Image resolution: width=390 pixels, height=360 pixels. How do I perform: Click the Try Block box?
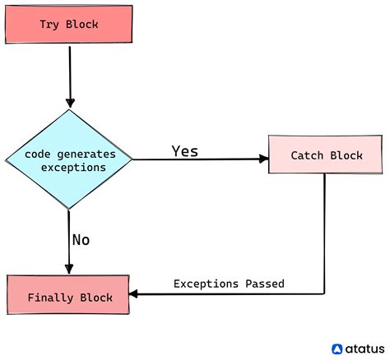click(68, 24)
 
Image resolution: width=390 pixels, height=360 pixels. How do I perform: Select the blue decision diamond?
click(69, 159)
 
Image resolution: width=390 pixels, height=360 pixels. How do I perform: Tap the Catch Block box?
click(326, 155)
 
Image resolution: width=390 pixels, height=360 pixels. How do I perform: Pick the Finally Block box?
click(68, 296)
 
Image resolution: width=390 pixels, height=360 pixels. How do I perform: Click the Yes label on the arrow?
click(184, 151)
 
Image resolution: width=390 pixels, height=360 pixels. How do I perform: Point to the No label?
click(80, 240)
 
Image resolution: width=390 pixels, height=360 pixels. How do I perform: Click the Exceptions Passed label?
click(229, 284)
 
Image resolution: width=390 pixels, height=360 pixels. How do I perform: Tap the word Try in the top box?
click(50, 24)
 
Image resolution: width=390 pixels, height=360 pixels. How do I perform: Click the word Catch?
click(307, 155)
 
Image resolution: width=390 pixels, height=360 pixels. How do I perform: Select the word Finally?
click(51, 296)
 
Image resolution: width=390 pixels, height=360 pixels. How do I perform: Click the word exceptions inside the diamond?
click(73, 168)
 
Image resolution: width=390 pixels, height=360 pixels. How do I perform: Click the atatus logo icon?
click(337, 348)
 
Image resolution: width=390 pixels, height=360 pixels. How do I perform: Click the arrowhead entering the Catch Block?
click(263, 159)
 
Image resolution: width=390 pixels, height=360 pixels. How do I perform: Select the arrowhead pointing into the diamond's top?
click(70, 103)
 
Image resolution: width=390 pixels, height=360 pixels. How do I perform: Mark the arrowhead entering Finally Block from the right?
click(135, 294)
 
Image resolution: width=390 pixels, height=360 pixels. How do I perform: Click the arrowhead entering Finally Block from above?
click(69, 270)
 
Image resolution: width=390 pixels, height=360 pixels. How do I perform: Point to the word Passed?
click(265, 284)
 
